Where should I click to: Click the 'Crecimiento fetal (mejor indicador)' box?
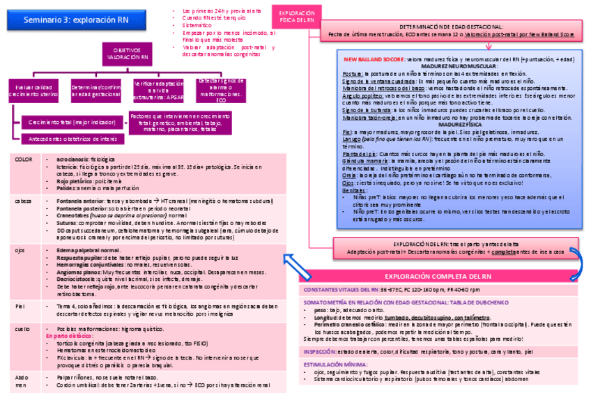coord(68,123)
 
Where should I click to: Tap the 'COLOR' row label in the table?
coord(24,160)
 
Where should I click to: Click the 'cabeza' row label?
coord(24,201)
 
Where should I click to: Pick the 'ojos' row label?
coord(20,249)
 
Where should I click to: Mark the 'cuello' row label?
coord(22,327)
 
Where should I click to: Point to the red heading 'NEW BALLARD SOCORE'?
coord(374,60)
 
